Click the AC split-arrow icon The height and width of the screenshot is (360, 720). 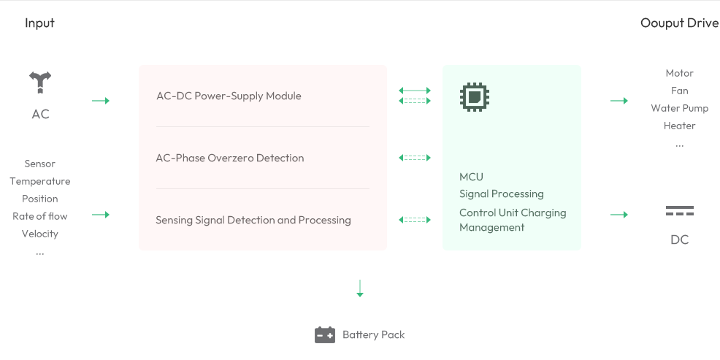(x=40, y=83)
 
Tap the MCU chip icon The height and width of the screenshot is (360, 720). (x=475, y=96)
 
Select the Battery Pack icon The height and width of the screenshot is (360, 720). (x=325, y=334)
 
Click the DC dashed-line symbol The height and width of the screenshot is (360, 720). (x=679, y=211)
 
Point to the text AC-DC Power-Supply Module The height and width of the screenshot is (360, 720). (x=229, y=96)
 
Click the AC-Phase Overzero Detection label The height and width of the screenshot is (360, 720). (x=230, y=158)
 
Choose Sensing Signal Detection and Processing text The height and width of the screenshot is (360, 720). (x=253, y=220)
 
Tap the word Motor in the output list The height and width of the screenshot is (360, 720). (x=679, y=73)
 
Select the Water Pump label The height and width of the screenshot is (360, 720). (x=679, y=108)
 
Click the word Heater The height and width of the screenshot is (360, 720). (x=679, y=126)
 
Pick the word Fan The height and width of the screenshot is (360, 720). (x=679, y=91)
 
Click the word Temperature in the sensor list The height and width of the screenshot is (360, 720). (x=40, y=181)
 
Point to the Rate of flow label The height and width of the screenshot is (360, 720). (x=40, y=216)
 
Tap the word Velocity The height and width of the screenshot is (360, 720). (x=40, y=234)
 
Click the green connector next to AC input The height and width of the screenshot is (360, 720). (x=101, y=100)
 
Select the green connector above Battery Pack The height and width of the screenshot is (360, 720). (x=359, y=288)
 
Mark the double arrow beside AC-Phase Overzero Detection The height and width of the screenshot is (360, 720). (x=415, y=158)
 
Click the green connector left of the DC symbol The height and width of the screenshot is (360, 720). (x=619, y=214)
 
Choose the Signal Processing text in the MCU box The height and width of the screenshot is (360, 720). (x=501, y=194)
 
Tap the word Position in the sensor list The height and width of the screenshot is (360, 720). (x=40, y=199)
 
